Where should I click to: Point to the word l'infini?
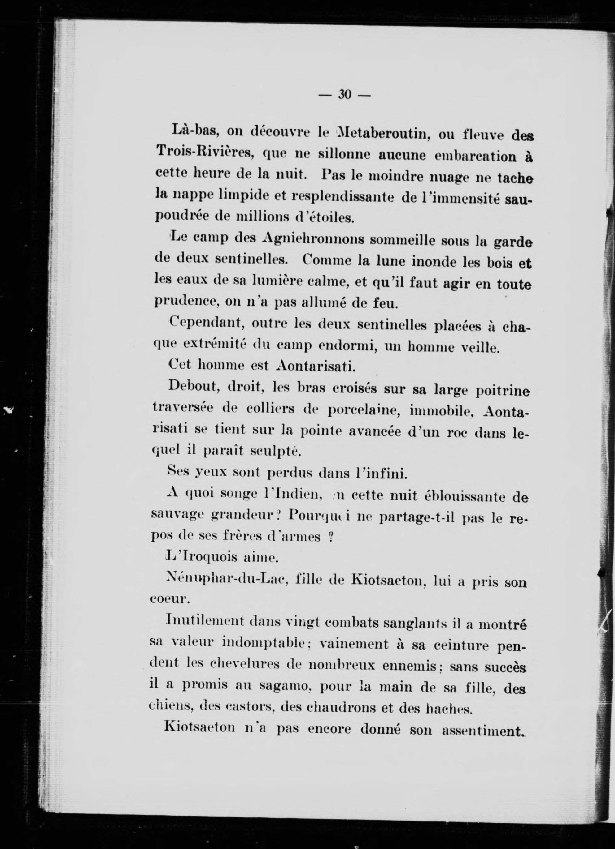click(381, 475)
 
